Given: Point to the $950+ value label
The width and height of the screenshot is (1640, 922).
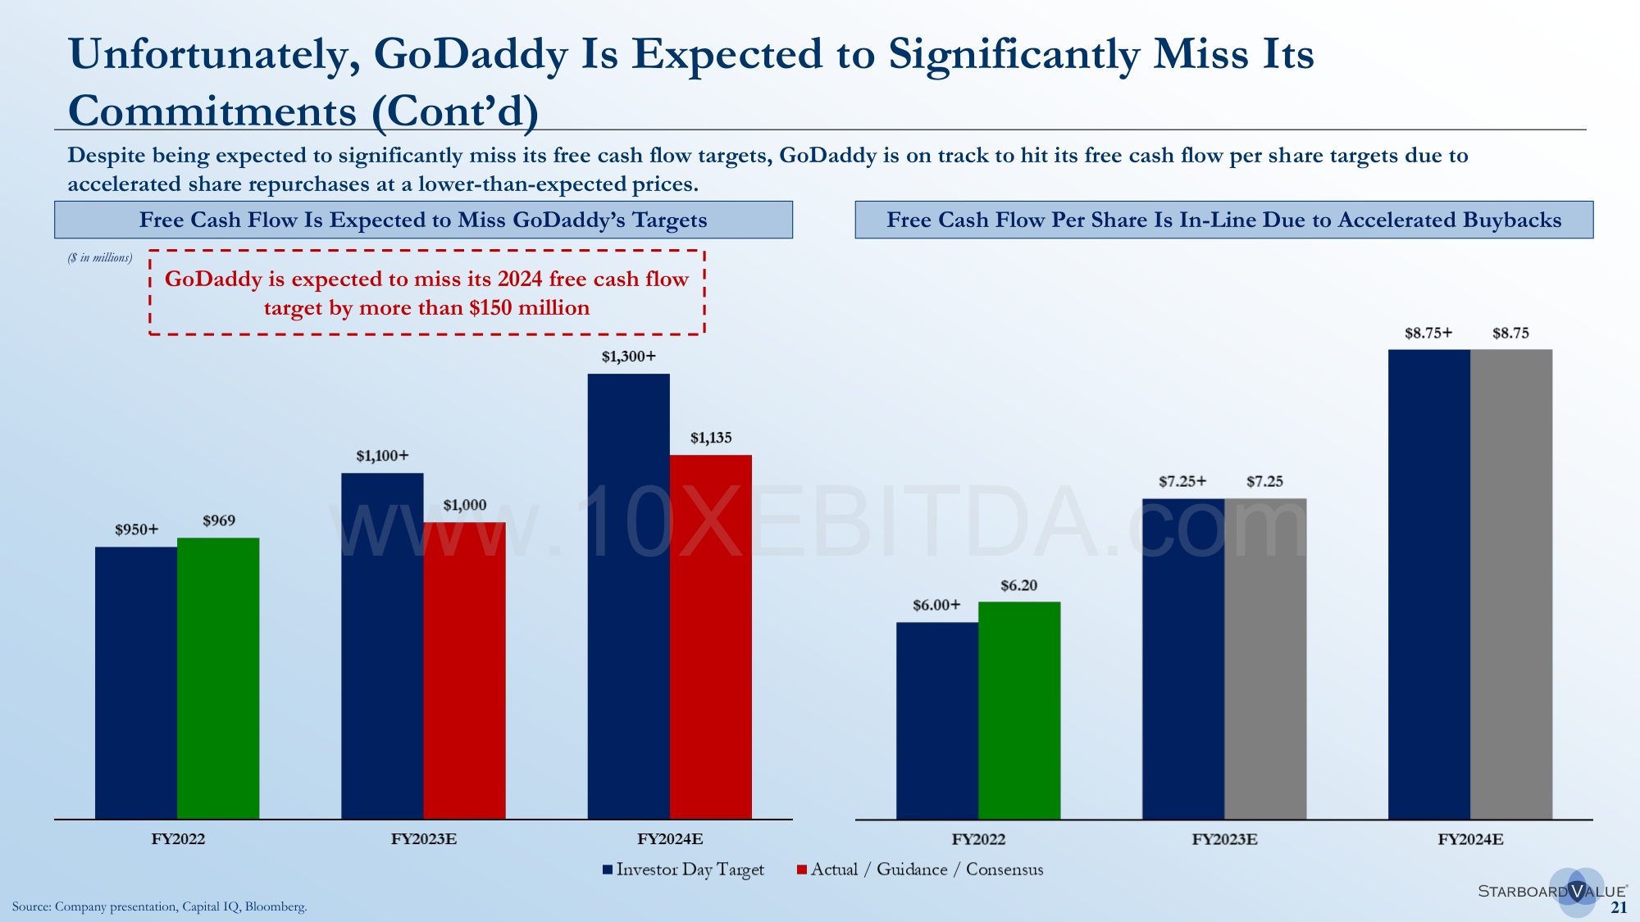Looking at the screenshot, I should tap(136, 529).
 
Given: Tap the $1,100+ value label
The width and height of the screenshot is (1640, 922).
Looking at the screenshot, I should tap(382, 456).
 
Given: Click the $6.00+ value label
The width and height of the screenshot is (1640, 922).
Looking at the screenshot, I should tap(936, 605).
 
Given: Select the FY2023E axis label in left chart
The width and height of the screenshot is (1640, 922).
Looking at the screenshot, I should tap(423, 839).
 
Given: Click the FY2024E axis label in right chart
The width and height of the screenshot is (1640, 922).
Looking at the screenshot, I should tap(1469, 839).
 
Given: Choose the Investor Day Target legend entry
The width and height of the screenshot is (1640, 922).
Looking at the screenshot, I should tap(683, 870).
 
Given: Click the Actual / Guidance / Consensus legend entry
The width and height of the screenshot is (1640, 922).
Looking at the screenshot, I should tap(920, 870).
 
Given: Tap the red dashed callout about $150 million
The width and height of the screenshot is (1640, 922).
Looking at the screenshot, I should tap(426, 293).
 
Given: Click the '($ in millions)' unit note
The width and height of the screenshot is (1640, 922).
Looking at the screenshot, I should tap(99, 257).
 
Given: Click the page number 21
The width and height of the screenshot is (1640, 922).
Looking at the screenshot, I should tap(1619, 907).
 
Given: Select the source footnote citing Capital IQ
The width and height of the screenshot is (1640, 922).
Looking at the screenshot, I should tap(160, 906).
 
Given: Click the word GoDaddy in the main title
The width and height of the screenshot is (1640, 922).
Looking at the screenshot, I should tap(471, 54).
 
